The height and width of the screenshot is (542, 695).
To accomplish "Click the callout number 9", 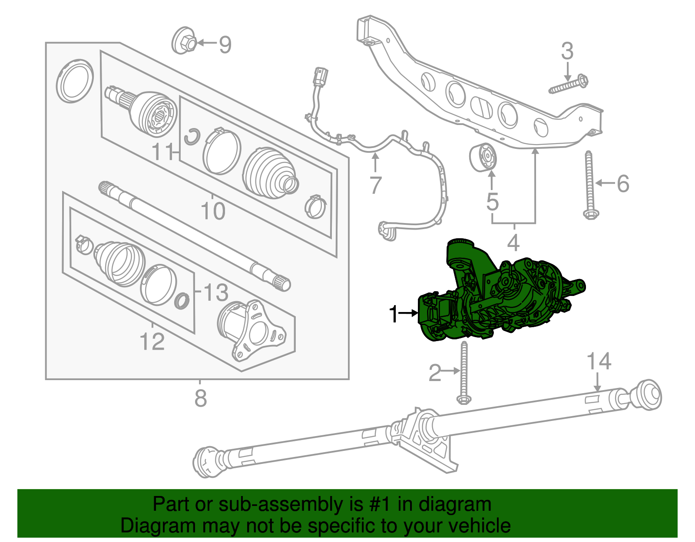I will click(225, 44).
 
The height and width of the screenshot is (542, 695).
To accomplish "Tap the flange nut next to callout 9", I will click(184, 42).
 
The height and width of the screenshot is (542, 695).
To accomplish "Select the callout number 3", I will click(567, 51).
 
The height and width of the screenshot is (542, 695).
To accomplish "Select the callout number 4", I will click(513, 243).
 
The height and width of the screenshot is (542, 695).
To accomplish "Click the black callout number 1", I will click(394, 314).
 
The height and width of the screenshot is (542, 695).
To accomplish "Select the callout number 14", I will click(599, 361).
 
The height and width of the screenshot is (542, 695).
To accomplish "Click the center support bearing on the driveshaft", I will click(424, 430).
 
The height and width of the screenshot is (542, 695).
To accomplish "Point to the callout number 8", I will click(200, 398).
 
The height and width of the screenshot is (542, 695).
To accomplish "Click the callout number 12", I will click(152, 342).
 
